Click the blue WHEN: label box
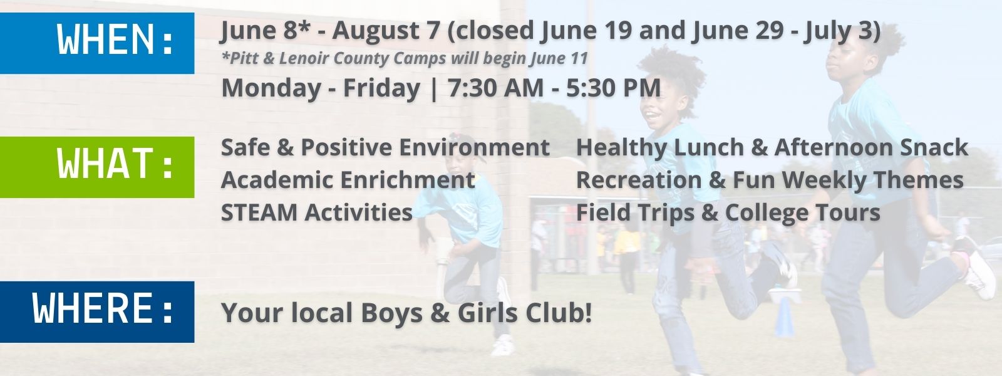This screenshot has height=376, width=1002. pyautogui.click(x=97, y=43)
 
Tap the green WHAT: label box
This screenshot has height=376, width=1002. pyautogui.click(x=97, y=167)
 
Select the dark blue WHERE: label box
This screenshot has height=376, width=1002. pyautogui.click(x=97, y=312)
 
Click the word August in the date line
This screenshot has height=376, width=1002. pyautogui.click(x=386, y=31)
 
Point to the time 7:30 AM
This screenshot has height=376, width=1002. pyautogui.click(x=495, y=87)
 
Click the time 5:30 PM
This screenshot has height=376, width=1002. pyautogui.click(x=613, y=87)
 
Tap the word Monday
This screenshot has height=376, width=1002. pyautogui.click(x=271, y=88)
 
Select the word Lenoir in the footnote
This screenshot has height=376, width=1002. pyautogui.click(x=305, y=58)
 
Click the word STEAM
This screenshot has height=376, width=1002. pyautogui.click(x=259, y=212)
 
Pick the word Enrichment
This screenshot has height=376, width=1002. pyautogui.click(x=407, y=180)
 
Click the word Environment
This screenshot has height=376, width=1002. pyautogui.click(x=474, y=147)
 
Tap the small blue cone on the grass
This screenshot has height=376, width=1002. pyautogui.click(x=785, y=318)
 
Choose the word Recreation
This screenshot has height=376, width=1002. pyautogui.click(x=639, y=180)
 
